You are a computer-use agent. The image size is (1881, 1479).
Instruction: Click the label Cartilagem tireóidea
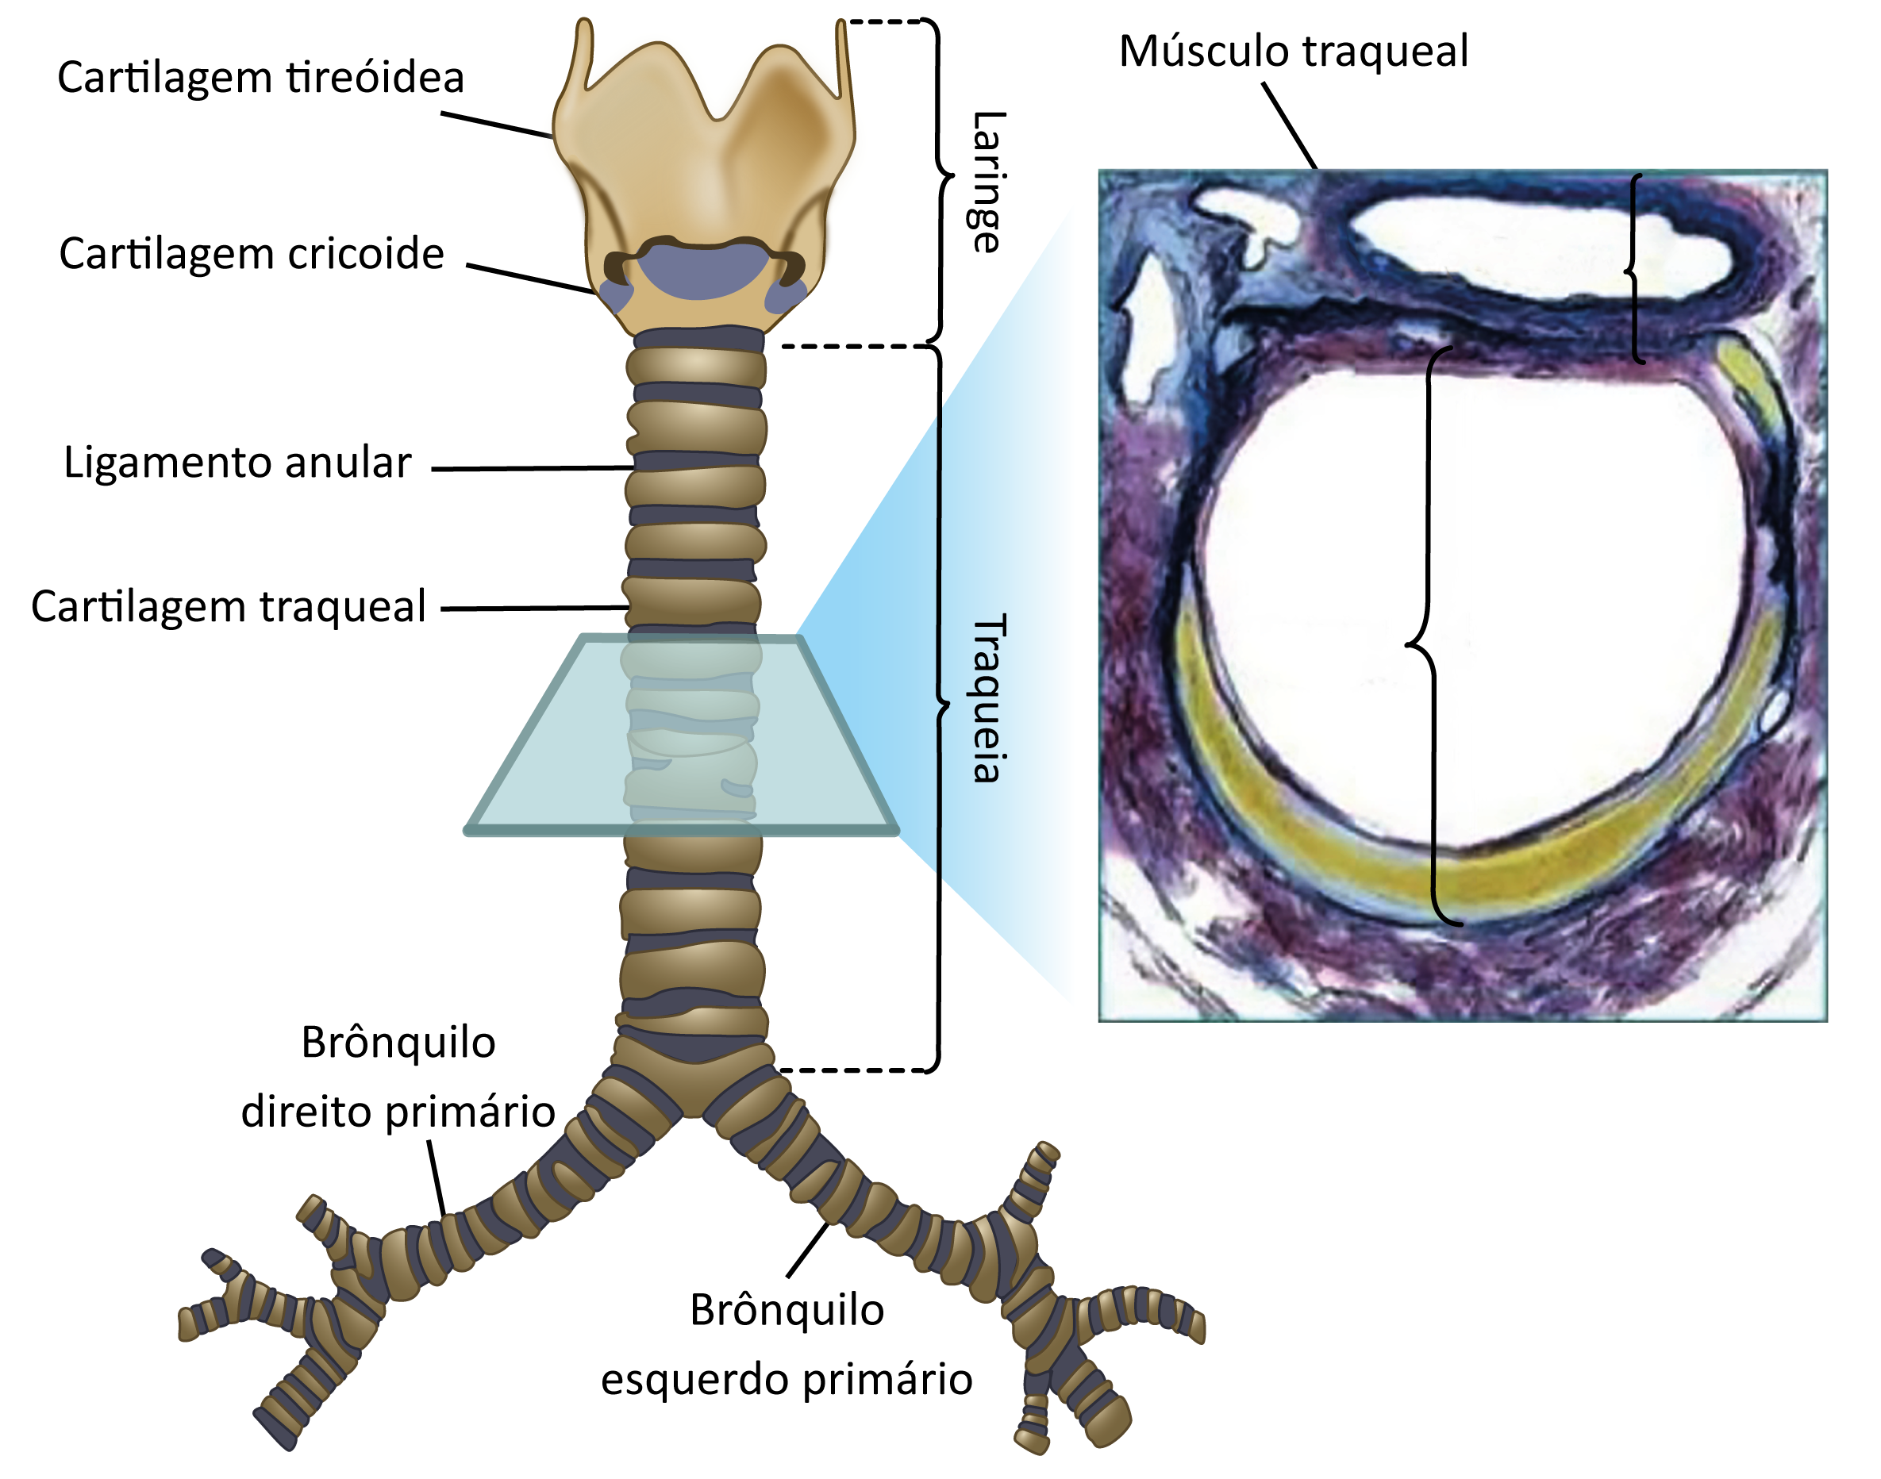[260, 77]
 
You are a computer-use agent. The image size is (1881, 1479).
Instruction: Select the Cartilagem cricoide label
[251, 254]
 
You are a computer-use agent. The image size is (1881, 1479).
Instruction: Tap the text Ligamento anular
[237, 463]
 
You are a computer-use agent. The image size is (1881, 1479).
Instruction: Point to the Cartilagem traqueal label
[229, 606]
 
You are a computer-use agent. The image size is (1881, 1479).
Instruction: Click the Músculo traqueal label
[1294, 51]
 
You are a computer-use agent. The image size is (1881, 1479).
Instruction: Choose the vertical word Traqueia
[988, 698]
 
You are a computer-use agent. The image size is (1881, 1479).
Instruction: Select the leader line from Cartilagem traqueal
[534, 608]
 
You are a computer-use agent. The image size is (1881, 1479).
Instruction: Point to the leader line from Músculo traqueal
[1290, 125]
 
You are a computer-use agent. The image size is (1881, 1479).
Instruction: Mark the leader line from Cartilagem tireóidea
[497, 125]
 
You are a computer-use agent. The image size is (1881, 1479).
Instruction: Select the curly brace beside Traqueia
[940, 709]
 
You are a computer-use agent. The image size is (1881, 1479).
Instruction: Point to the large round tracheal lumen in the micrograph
[1472, 606]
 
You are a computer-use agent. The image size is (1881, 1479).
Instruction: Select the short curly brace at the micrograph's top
[1634, 268]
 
